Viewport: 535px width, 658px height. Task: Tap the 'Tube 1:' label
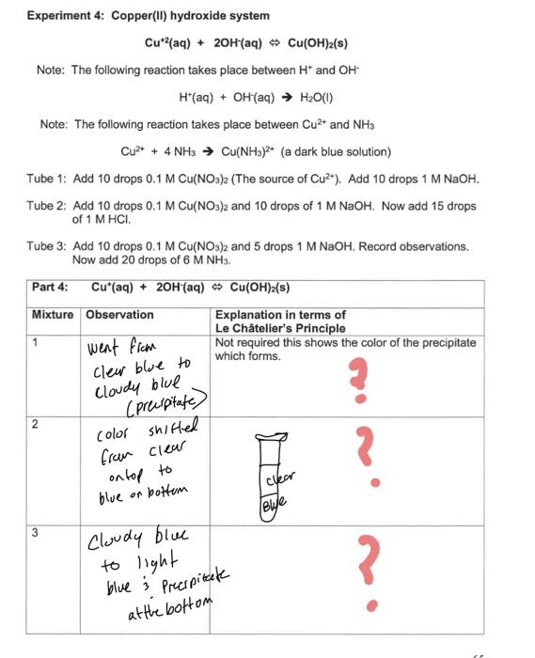point(47,179)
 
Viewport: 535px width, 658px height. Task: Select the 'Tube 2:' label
point(47,206)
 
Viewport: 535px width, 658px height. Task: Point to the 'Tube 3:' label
point(47,246)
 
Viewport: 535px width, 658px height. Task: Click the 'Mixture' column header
point(53,315)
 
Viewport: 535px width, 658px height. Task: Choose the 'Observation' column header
point(119,315)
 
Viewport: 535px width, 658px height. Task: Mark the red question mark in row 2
point(373,461)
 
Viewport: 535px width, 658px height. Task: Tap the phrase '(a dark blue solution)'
point(336,151)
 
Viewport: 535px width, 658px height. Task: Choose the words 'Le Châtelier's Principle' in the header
point(280,328)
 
